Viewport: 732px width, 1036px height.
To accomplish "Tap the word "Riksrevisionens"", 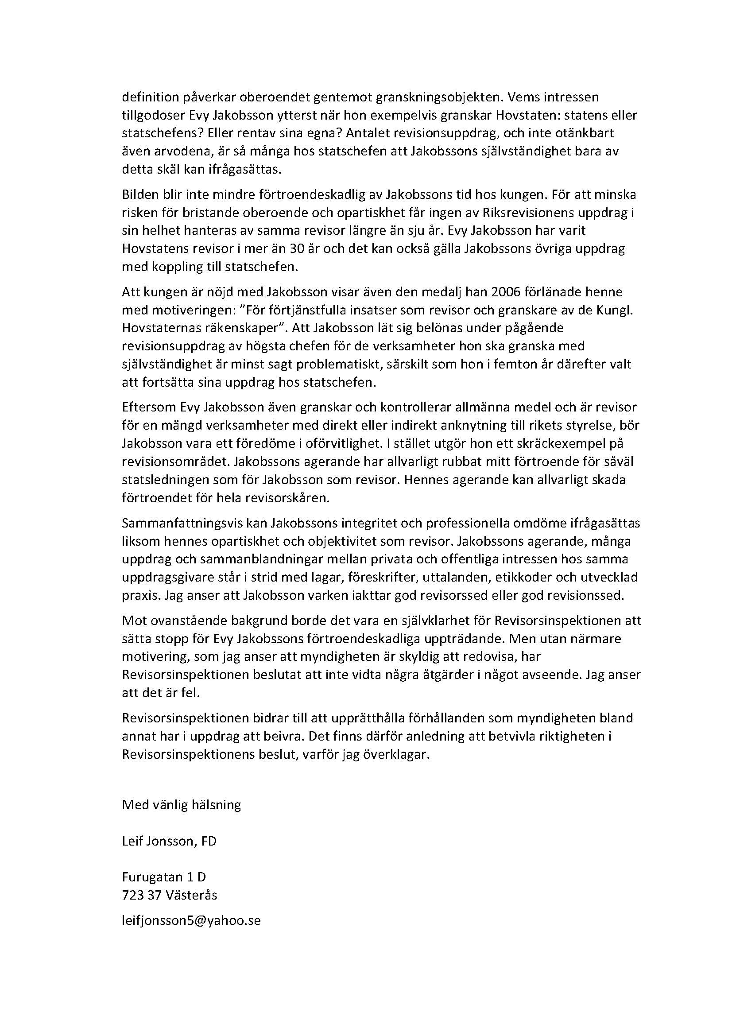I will [x=527, y=213].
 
